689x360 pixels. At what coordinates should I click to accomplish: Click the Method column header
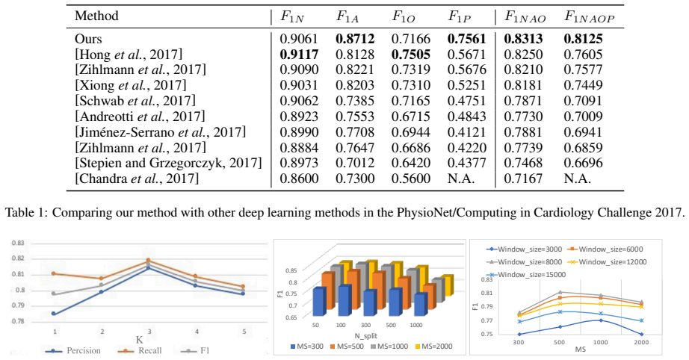(96, 16)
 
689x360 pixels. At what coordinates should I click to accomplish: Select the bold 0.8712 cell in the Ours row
(355, 39)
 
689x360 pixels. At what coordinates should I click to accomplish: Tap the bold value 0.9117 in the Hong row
(299, 55)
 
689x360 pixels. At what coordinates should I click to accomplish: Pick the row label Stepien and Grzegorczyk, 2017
(168, 163)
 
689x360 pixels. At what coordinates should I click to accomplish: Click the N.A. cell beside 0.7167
(578, 179)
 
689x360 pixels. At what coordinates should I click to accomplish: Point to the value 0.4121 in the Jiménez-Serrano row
(467, 132)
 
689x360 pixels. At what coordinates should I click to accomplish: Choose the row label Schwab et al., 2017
(135, 101)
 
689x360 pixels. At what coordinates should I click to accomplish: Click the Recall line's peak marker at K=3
(149, 261)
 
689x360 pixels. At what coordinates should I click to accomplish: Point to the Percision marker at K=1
(54, 314)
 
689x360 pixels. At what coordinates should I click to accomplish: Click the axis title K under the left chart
(139, 340)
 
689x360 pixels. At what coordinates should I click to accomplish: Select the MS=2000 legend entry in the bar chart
(433, 347)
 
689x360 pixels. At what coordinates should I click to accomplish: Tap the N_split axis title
(365, 336)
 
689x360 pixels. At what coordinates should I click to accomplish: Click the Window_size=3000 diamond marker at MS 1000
(601, 320)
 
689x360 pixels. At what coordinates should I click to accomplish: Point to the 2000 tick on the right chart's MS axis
(641, 342)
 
